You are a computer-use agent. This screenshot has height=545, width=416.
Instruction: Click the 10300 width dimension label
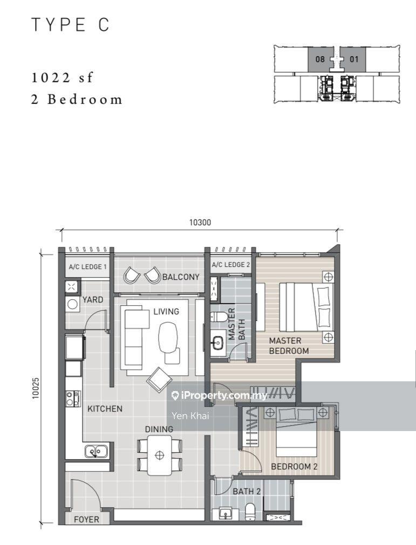click(x=200, y=222)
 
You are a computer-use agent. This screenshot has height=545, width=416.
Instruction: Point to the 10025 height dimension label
click(x=36, y=388)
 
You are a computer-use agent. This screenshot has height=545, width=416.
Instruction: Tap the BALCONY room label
click(x=181, y=277)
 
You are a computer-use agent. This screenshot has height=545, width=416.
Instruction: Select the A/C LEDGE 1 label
click(x=87, y=267)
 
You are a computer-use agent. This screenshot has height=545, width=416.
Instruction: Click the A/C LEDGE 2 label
click(x=231, y=265)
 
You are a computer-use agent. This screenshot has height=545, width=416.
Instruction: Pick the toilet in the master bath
click(x=219, y=317)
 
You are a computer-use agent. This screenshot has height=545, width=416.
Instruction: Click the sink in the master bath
click(x=218, y=342)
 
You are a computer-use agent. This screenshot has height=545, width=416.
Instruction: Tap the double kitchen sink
click(x=97, y=452)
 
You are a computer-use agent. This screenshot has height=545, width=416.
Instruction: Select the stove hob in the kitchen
click(x=73, y=399)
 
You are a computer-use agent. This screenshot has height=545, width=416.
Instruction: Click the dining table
click(x=159, y=455)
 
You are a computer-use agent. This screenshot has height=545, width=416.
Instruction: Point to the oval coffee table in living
click(x=168, y=337)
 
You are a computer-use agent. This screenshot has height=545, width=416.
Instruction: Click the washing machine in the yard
click(x=72, y=304)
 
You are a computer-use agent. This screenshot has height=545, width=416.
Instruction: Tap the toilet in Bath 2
click(x=250, y=512)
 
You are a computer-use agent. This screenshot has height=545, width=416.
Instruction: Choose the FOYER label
click(x=86, y=519)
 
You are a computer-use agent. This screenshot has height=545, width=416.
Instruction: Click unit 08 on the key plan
click(x=320, y=59)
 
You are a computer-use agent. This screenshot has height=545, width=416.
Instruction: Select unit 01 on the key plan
click(x=353, y=59)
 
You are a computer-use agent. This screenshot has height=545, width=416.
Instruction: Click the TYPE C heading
click(x=71, y=25)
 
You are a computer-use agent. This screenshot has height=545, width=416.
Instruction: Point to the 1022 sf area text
click(x=62, y=77)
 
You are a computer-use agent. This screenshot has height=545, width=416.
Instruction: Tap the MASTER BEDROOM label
click(x=289, y=346)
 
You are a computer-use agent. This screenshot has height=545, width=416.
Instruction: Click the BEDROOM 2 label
click(x=294, y=467)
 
